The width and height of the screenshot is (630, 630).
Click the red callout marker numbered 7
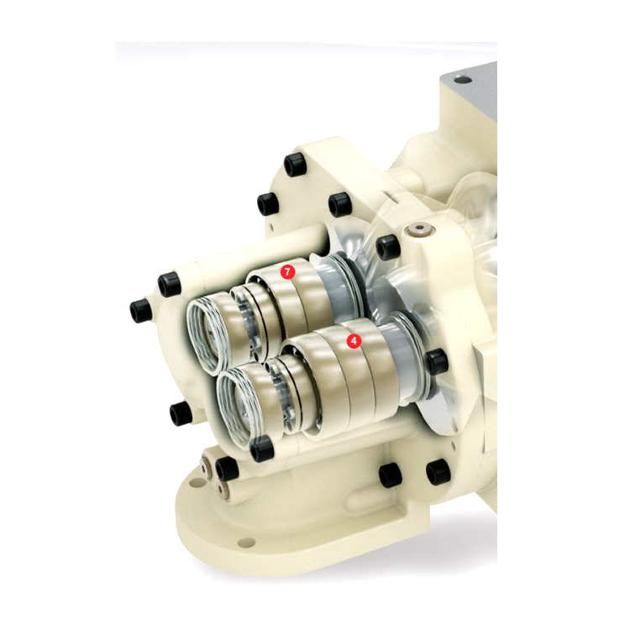coord(287,272)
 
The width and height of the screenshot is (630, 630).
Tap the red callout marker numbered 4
coord(354,341)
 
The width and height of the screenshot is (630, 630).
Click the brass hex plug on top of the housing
coord(419,230)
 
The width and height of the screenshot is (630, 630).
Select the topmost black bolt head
coord(296,165)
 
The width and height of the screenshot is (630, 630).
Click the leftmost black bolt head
coord(141,311)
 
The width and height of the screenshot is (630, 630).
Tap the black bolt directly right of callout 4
coord(436,361)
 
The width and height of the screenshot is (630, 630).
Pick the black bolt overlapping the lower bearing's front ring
coord(262,449)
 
